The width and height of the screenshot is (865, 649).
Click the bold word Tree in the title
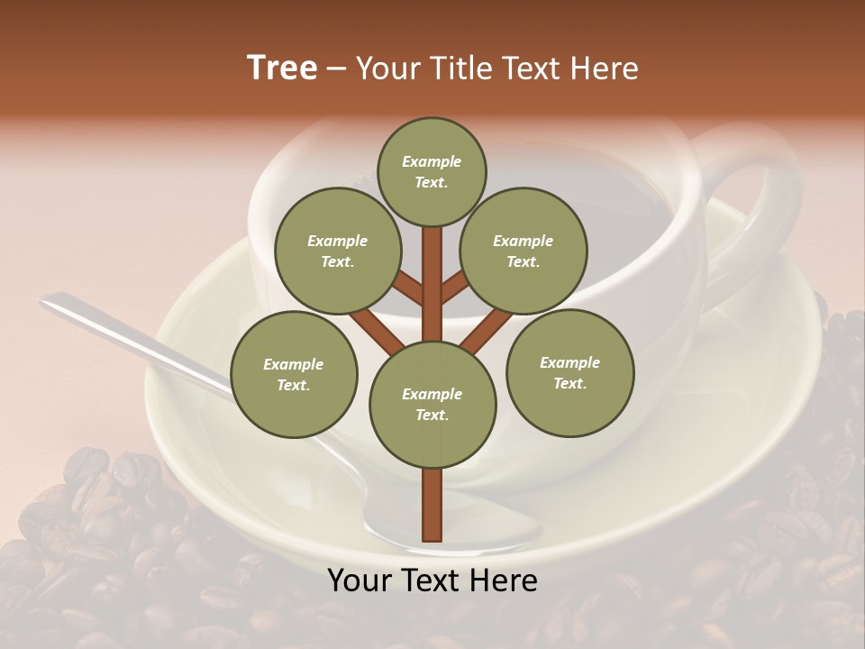(x=282, y=68)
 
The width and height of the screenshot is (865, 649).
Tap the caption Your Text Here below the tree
(x=432, y=580)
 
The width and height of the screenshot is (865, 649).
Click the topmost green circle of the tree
(x=432, y=171)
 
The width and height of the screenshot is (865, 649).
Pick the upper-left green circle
(x=338, y=251)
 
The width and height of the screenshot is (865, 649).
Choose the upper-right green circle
(x=524, y=251)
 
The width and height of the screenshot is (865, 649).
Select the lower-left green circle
(x=294, y=374)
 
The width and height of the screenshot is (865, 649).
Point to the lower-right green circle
(x=569, y=372)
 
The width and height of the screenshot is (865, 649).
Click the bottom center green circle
(x=432, y=404)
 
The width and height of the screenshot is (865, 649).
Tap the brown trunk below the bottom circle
(x=432, y=505)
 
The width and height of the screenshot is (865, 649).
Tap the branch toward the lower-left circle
(x=377, y=332)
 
